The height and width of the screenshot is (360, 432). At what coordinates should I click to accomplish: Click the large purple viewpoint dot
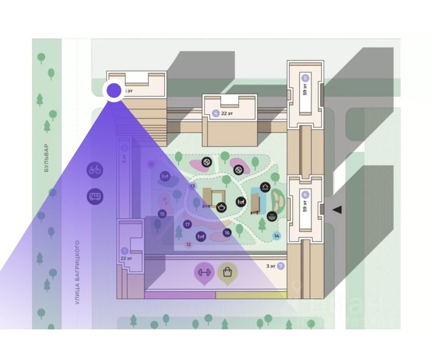[x=114, y=91]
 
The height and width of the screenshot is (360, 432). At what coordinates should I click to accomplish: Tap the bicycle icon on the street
[x=95, y=169]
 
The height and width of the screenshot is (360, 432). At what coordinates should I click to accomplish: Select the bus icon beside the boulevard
[x=95, y=196]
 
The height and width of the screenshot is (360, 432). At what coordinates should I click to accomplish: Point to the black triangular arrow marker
[x=337, y=209]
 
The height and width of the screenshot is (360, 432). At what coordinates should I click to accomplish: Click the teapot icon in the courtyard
[x=221, y=207]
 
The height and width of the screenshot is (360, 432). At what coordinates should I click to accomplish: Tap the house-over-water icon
[x=265, y=187]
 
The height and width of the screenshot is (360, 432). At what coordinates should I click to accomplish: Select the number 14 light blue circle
[x=277, y=236]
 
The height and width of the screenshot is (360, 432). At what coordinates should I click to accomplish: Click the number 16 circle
[x=226, y=233]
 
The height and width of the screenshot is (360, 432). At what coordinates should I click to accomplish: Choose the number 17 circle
[x=187, y=224]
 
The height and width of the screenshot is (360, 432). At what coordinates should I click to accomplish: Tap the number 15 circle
[x=162, y=214]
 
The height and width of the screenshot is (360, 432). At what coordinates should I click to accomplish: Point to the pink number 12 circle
[x=188, y=244]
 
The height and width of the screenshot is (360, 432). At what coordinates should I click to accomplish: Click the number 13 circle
[x=193, y=186]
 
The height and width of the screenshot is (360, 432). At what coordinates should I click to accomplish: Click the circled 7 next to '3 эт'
[x=281, y=266]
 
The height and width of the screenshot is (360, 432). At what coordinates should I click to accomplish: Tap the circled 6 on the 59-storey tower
[x=305, y=194]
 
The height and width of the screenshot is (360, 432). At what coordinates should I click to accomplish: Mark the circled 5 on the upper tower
[x=305, y=78]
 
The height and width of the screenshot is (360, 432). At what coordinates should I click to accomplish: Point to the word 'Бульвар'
[x=46, y=158]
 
